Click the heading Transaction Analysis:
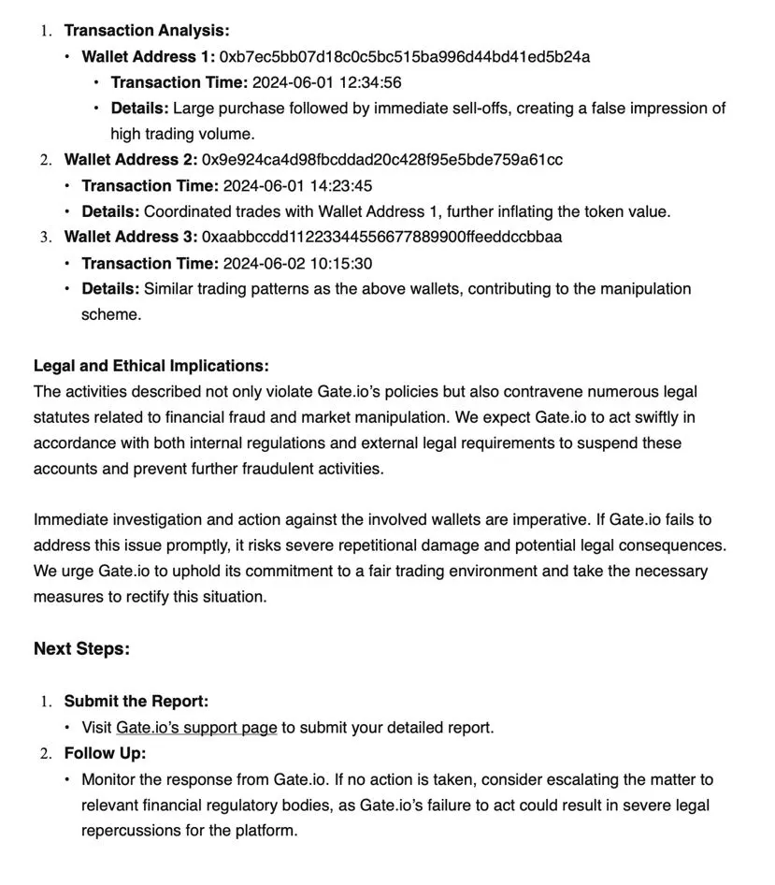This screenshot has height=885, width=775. [146, 31]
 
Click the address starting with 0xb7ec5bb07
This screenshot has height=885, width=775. [405, 57]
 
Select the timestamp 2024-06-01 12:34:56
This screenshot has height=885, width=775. [327, 82]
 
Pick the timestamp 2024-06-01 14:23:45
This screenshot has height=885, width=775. [297, 185]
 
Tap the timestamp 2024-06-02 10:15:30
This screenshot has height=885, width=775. [297, 263]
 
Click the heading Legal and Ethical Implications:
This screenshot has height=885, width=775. [151, 366]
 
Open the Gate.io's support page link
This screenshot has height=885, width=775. [196, 727]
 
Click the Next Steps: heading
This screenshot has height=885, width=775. [81, 648]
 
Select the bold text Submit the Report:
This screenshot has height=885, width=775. [136, 701]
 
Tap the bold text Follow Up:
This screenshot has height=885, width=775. [105, 753]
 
